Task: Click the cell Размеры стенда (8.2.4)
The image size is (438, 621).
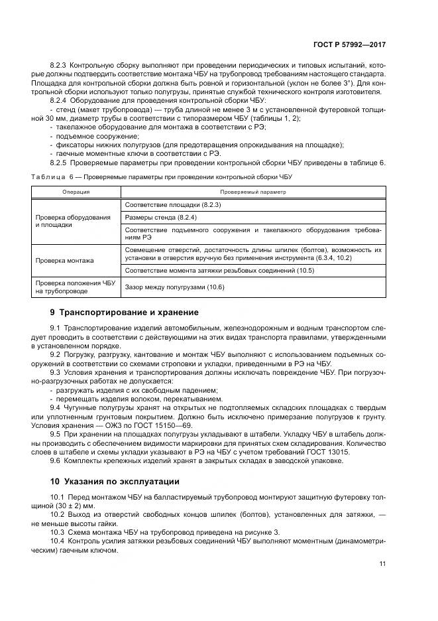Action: [160, 217]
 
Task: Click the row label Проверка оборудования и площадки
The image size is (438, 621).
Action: [67, 221]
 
